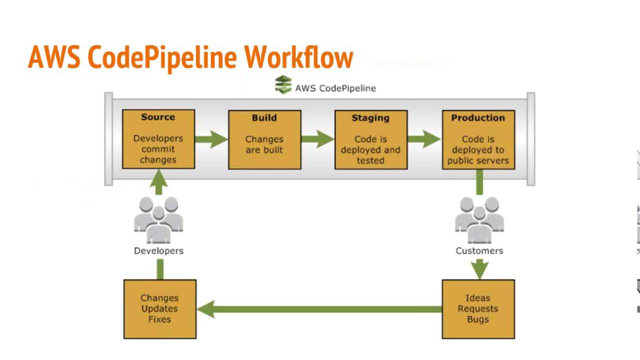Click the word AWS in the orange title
[x=54, y=57]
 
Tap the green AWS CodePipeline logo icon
[x=283, y=84]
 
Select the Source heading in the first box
[x=158, y=117]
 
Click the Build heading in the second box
[x=264, y=118]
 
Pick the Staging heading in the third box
[x=370, y=118]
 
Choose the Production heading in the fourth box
[x=478, y=118]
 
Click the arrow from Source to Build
[x=211, y=139]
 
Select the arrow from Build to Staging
[x=317, y=139]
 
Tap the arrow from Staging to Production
[x=424, y=139]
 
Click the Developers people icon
[x=158, y=220]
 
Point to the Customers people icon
[x=479, y=220]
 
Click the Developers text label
[x=158, y=251]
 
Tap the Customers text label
[x=479, y=251]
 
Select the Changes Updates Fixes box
[x=159, y=309]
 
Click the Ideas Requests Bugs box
[x=478, y=309]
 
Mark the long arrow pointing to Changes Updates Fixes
[x=320, y=309]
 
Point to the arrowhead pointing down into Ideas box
[x=479, y=270]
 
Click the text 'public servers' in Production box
[x=478, y=160]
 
